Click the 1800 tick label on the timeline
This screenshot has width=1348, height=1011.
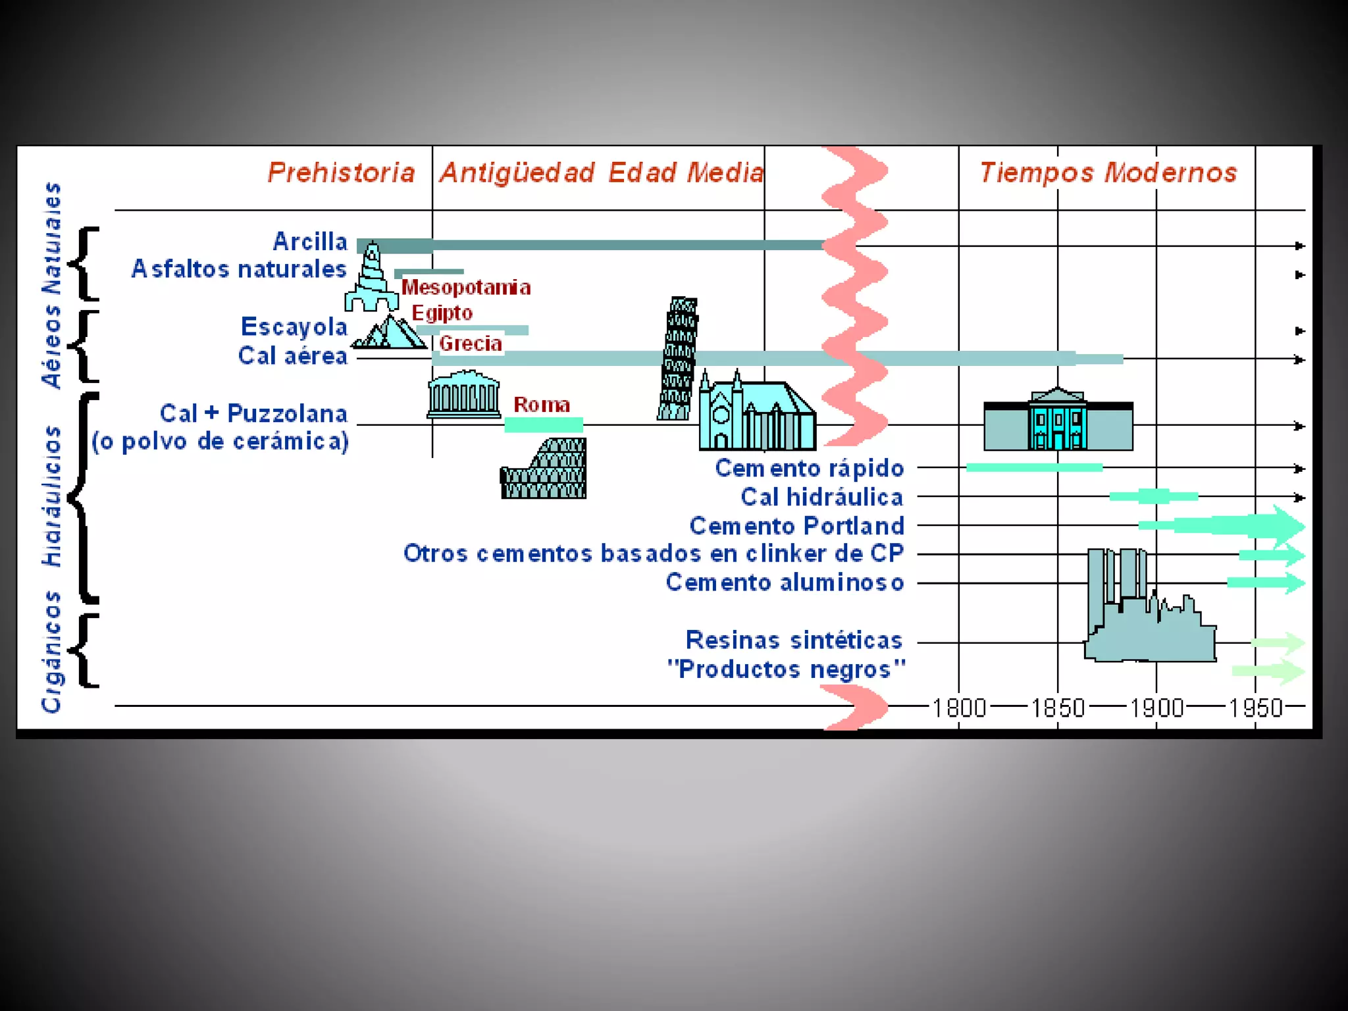(959, 708)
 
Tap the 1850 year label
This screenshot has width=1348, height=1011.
(1058, 708)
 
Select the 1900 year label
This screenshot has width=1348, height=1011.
(1156, 708)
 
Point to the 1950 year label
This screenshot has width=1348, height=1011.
(1255, 708)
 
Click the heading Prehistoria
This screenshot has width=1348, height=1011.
(341, 172)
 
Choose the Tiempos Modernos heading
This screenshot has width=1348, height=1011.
(1108, 172)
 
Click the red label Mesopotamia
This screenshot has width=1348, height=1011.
(466, 288)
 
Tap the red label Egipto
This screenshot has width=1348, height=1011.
(442, 313)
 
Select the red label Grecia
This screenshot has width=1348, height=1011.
(470, 344)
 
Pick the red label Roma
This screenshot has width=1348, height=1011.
(541, 405)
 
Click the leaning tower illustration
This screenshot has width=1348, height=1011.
(678, 359)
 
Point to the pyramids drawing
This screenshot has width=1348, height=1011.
(390, 332)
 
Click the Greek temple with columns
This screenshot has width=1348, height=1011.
(464, 395)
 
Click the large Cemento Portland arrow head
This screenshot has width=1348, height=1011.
(1287, 525)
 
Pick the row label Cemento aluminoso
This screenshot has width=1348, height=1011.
(785, 583)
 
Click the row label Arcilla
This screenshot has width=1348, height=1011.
(310, 242)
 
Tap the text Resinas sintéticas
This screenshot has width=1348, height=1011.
(794, 640)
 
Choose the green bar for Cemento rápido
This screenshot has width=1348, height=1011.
(1034, 467)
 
